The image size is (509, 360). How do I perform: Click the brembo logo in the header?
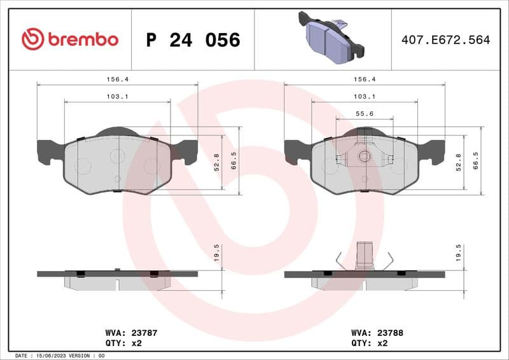pyautogui.click(x=70, y=39)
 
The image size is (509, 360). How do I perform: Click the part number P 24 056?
pyautogui.click(x=193, y=40)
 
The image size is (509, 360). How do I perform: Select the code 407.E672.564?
pyautogui.click(x=445, y=40)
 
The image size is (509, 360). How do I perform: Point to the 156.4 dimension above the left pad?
pyautogui.click(x=117, y=80)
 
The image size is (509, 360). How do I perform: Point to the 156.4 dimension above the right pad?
pyautogui.click(x=364, y=80)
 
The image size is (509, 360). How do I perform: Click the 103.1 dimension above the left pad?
pyautogui.click(x=117, y=97)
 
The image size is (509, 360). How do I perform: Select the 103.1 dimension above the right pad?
pyautogui.click(x=364, y=97)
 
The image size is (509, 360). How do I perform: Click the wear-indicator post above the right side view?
pyautogui.click(x=364, y=256)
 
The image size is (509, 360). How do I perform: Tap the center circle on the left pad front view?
pyautogui.click(x=116, y=156)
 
